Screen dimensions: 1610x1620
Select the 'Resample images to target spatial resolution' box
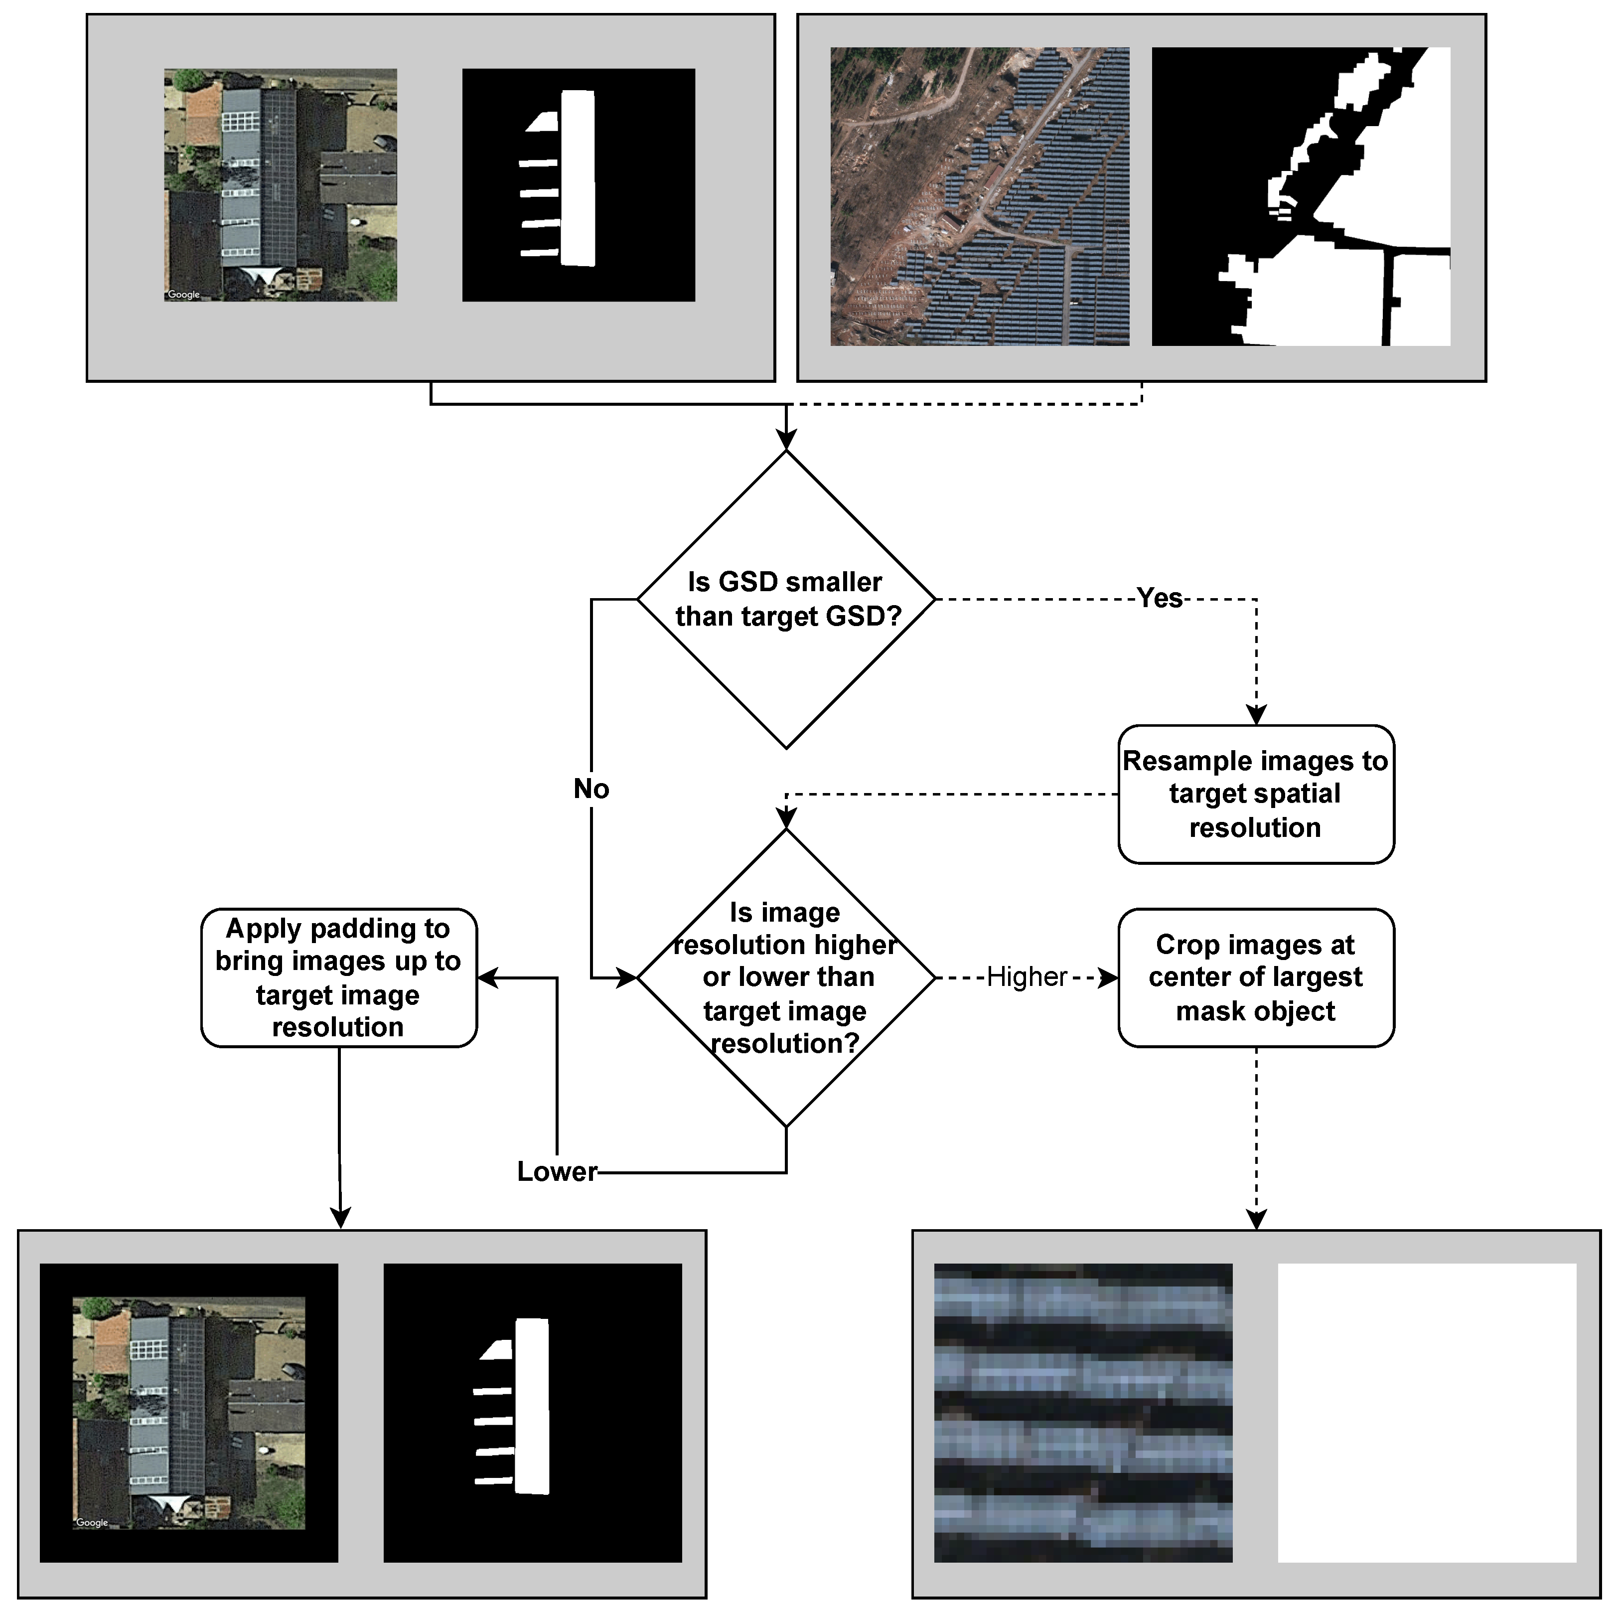[1255, 793]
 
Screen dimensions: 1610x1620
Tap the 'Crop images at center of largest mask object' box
[1255, 977]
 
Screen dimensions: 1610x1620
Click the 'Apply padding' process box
[339, 977]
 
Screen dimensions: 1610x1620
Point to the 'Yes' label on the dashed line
[1159, 598]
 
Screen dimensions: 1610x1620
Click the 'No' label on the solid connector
[591, 788]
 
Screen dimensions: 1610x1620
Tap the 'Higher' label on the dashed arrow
[1027, 977]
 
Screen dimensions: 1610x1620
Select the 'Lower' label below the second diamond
[557, 1171]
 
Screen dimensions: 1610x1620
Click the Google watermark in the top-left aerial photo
[184, 294]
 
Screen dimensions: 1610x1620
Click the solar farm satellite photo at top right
[979, 196]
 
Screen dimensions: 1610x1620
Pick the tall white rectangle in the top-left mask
[578, 178]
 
